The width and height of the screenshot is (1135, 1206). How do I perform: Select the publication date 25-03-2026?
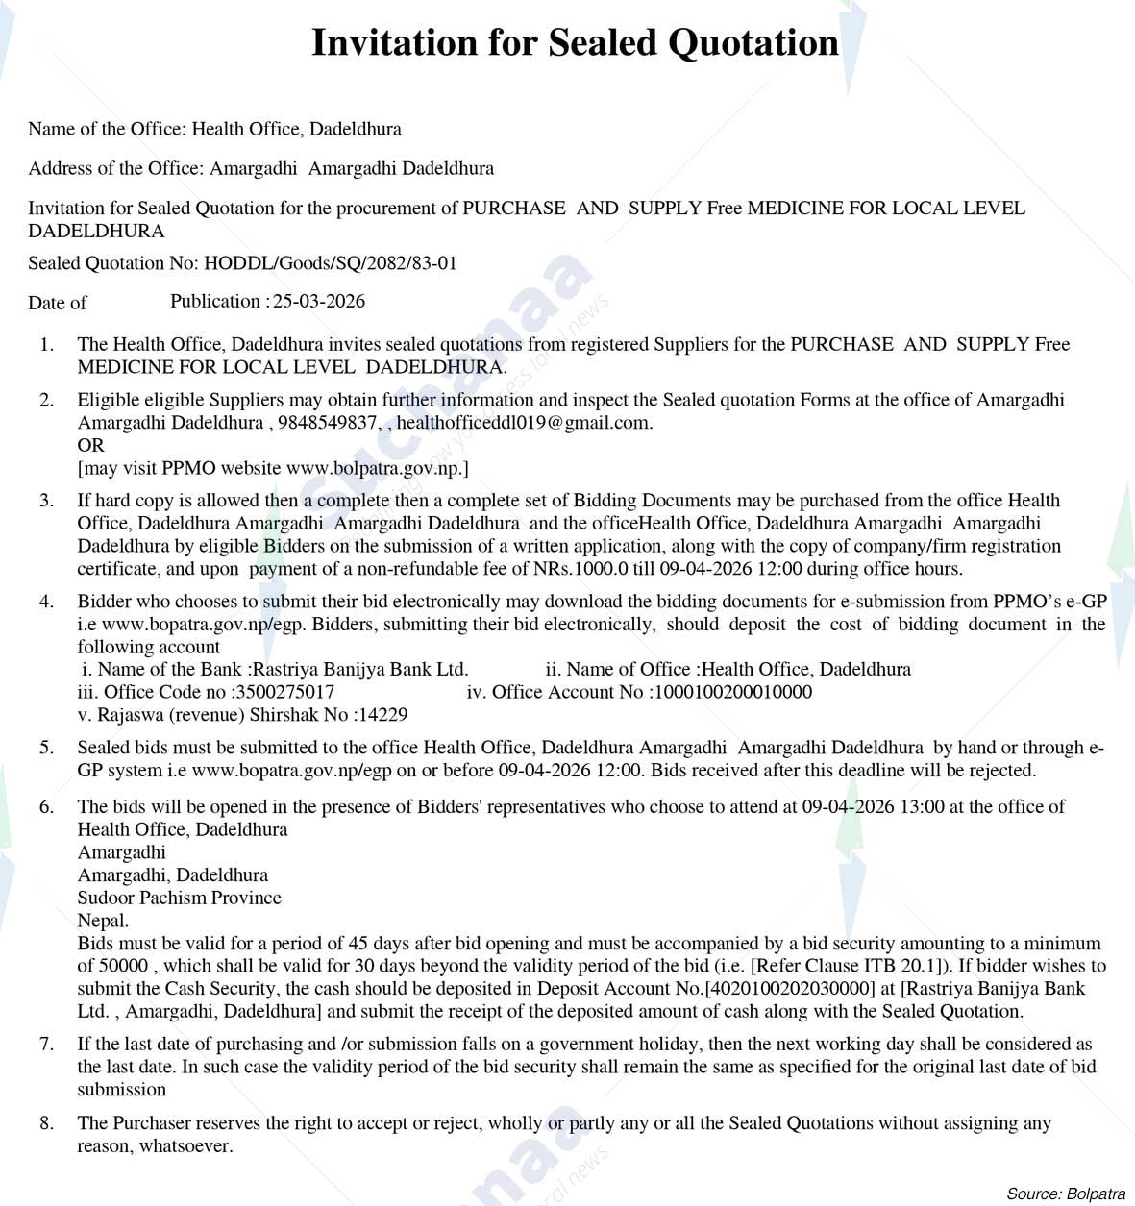(319, 301)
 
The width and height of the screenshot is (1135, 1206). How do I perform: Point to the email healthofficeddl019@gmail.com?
(524, 423)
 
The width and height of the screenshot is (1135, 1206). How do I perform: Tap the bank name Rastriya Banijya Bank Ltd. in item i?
(359, 669)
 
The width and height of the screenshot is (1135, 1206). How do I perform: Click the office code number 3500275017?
(283, 692)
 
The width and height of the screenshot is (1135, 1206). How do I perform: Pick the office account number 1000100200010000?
(731, 692)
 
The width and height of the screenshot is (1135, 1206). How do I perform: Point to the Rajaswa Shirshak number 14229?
(382, 715)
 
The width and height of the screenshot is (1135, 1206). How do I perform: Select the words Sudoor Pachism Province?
(180, 898)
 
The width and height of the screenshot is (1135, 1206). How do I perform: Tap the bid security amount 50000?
(125, 966)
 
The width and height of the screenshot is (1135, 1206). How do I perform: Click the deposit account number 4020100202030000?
(791, 988)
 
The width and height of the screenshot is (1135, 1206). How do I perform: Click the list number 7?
(46, 1044)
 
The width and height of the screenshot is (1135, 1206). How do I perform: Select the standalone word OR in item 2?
(90, 445)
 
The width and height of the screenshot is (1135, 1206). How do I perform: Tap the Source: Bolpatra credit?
(1066, 1194)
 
